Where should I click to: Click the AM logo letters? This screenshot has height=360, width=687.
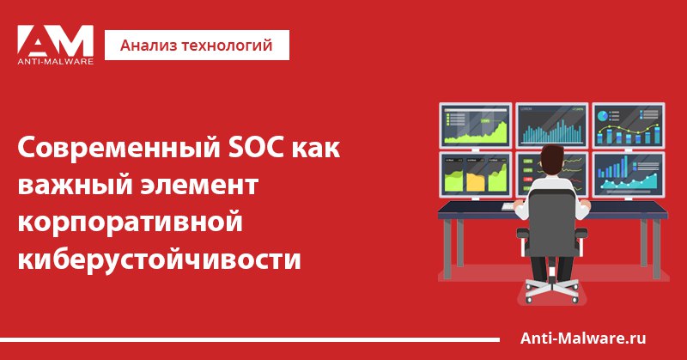click(55, 40)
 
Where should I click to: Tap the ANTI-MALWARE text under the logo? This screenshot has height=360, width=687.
click(56, 62)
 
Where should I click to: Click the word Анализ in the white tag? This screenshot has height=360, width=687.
click(148, 46)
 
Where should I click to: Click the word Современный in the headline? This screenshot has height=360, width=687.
click(119, 148)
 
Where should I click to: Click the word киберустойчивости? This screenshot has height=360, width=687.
click(159, 259)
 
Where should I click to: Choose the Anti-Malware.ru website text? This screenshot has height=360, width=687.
click(583, 339)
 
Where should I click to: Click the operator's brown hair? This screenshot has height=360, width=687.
click(551, 156)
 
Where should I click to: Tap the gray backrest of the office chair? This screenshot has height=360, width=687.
click(552, 223)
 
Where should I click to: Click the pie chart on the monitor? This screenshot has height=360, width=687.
click(603, 116)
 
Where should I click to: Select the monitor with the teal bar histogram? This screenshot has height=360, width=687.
click(551, 125)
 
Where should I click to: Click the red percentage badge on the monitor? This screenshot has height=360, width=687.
click(528, 180)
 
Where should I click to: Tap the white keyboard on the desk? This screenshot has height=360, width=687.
click(509, 205)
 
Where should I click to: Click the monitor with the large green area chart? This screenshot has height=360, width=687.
click(476, 125)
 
